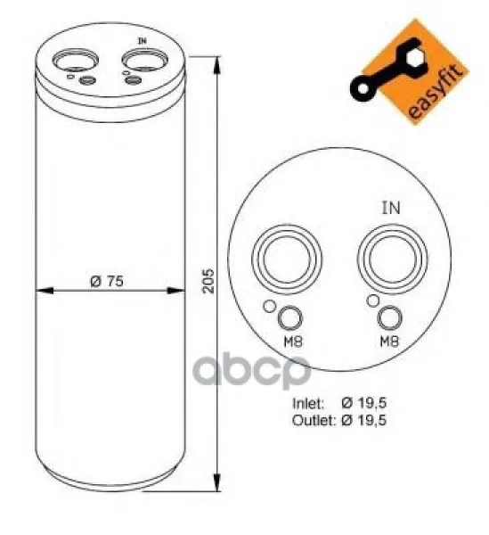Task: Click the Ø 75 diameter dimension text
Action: coord(107,282)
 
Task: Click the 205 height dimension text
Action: coord(208,281)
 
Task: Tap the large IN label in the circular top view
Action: coord(391,208)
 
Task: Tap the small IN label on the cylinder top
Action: coord(143,41)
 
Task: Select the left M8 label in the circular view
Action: coord(293,342)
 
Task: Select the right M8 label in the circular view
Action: coord(389,341)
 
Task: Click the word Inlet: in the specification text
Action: coord(308,403)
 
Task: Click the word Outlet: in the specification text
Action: coord(314,420)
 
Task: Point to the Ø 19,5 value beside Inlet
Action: coord(364,403)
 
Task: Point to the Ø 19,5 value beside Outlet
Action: coord(364,420)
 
